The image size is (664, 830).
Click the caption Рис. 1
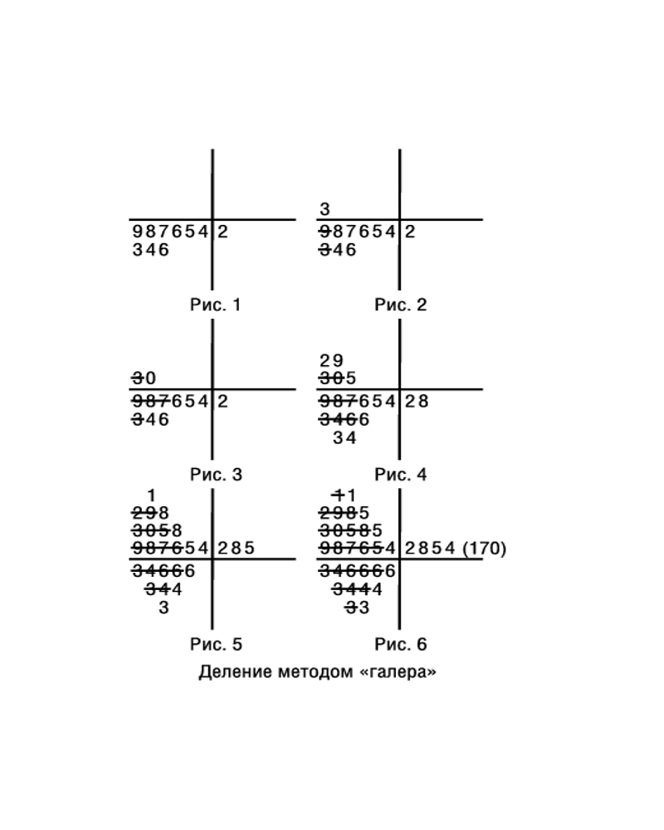point(216,305)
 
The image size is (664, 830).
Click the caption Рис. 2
point(400,305)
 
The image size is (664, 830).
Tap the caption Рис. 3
point(216,475)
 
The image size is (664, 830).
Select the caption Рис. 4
point(400,475)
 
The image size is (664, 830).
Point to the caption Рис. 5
point(216,644)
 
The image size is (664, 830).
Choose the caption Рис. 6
point(400,644)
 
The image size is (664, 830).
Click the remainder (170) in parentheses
point(485,549)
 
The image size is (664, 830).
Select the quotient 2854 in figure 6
point(430,549)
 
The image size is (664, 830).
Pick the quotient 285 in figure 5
point(237,549)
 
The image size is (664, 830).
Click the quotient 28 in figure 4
point(417,401)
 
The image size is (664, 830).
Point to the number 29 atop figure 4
point(331,361)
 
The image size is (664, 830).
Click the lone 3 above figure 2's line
point(325,210)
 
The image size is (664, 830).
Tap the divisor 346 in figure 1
point(151,249)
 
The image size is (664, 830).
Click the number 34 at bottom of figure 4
point(344,437)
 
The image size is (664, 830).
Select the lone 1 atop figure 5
point(151,496)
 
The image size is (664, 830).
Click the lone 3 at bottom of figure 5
point(164,608)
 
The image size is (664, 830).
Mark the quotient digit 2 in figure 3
point(223,401)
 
